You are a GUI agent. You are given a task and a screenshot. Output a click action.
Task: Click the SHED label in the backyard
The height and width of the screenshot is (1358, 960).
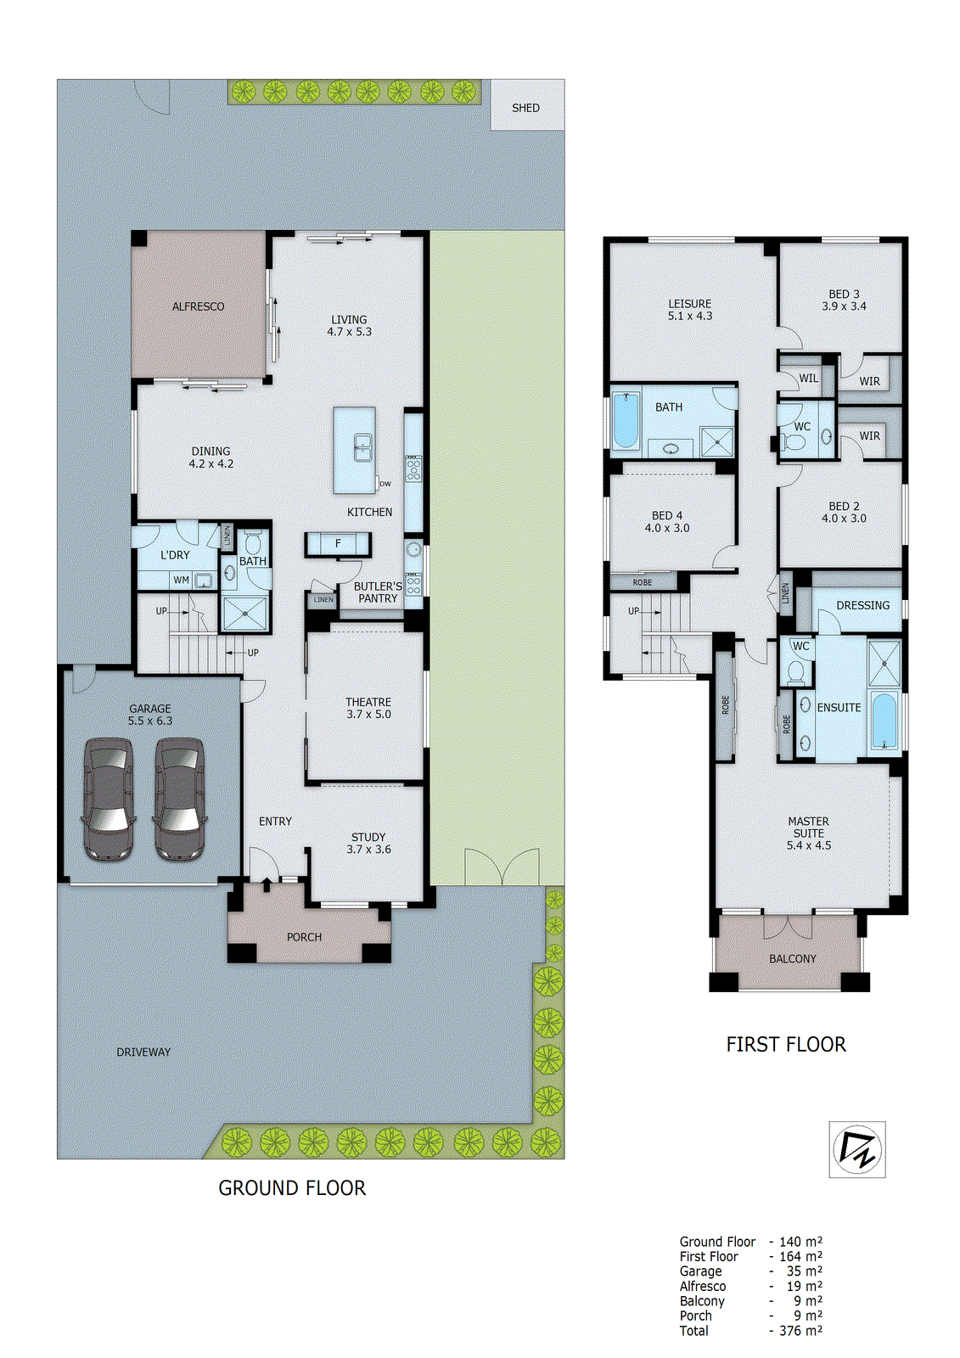pos(525,108)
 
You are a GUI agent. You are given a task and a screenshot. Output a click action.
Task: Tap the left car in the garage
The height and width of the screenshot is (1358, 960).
pos(109,799)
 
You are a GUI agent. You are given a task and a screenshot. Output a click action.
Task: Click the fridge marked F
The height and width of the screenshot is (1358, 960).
pos(338,544)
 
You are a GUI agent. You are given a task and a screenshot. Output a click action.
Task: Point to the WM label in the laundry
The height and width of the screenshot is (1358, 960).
pos(181,581)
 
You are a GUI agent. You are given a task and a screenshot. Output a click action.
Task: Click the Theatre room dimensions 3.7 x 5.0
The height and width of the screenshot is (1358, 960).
pos(368,715)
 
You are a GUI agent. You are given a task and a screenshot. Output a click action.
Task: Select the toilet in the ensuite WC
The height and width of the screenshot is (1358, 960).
pos(795,671)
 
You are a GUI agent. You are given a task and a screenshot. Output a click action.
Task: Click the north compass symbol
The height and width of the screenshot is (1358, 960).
pos(857,1149)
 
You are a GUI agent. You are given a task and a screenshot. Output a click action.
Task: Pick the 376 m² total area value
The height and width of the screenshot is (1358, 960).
pos(800,1331)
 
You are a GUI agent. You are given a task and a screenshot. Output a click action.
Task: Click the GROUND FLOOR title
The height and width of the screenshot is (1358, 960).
pos(292,1188)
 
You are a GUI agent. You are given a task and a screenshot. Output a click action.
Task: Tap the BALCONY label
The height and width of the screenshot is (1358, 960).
pos(792,959)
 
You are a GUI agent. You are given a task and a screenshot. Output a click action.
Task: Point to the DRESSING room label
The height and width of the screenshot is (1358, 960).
pos(862,605)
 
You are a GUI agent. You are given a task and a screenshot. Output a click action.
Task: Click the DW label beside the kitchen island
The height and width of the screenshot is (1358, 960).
pos(385,484)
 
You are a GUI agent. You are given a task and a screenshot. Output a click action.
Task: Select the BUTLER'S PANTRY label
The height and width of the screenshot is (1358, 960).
pos(378,592)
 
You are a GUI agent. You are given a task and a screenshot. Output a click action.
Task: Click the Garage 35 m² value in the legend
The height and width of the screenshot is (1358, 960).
pos(804,1271)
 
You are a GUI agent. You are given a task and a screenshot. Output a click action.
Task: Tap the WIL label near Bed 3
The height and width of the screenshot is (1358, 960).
pos(808,379)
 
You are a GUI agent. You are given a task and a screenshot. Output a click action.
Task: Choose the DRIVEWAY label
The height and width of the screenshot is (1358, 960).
pos(143,1052)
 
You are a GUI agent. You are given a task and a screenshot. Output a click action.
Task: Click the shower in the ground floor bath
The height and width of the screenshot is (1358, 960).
pos(244,613)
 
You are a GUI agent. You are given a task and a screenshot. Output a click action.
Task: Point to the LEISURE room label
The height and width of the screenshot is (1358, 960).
pos(689,304)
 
